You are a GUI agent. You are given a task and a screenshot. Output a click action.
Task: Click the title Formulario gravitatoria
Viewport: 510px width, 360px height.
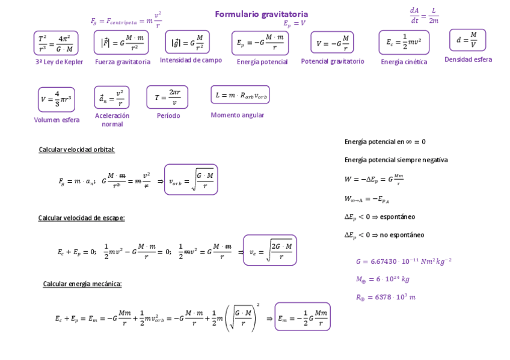point(261,14)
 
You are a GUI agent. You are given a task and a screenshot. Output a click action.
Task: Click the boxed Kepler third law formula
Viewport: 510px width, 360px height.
point(56,43)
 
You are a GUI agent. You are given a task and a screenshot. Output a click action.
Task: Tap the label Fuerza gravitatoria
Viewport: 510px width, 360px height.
point(123,62)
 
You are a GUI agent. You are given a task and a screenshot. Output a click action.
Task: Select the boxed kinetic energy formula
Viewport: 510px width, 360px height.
point(404,42)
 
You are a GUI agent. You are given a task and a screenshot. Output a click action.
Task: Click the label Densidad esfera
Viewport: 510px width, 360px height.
point(468,59)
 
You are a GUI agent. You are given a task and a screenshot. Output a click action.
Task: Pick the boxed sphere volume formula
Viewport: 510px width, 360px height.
point(57,99)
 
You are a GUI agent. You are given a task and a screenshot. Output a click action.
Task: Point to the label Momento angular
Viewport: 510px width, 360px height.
point(237,115)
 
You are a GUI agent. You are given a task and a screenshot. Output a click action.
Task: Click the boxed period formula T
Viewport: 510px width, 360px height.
point(167,97)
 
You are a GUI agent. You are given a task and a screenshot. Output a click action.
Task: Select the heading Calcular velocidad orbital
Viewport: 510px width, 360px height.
point(76,150)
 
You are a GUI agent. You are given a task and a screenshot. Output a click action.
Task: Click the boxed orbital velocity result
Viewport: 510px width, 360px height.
point(191,180)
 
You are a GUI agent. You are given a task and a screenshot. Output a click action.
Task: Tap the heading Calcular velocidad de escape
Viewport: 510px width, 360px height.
point(81,218)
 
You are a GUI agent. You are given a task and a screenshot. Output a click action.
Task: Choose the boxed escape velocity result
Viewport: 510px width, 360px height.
point(269,250)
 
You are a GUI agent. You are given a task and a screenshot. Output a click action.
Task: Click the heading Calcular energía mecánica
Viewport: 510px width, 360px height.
point(82,284)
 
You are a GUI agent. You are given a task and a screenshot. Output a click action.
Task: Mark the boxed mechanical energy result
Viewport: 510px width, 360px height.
point(303,317)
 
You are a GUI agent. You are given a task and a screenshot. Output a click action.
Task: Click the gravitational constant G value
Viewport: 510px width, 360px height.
point(404,261)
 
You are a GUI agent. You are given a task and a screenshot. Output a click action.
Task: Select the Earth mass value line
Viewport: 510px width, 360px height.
point(382,279)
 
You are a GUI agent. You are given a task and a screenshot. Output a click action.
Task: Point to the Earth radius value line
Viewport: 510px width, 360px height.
point(386,297)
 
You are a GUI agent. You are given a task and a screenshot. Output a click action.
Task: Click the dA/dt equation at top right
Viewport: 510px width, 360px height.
point(424,16)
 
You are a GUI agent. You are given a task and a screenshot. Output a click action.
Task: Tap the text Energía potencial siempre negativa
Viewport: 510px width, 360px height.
point(396,160)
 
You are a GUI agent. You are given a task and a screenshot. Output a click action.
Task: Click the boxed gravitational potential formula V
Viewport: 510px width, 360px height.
point(332,43)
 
